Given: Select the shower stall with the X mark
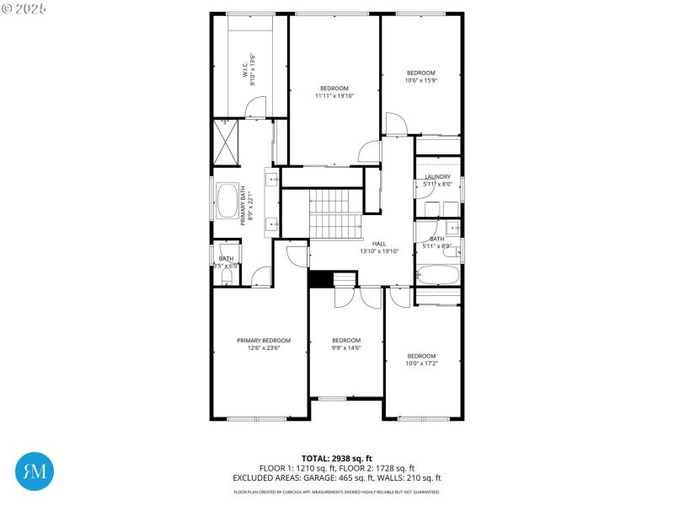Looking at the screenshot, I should pos(227,143).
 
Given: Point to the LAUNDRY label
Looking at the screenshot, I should pos(437,177).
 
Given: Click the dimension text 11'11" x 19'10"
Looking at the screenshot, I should pos(334,96).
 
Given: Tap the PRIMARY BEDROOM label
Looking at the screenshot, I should pos(263,340).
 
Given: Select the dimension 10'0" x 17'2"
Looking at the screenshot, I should pos(421,363).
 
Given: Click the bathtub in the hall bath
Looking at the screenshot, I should pos(437,275).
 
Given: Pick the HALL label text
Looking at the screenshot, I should pos(379,244).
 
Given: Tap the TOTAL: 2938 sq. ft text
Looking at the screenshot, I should pos(337,459).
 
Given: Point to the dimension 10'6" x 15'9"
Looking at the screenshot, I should pos(421,81).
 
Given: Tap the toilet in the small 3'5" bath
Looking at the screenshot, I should pos(226,277).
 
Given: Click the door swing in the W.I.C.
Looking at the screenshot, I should pos(256,107).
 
